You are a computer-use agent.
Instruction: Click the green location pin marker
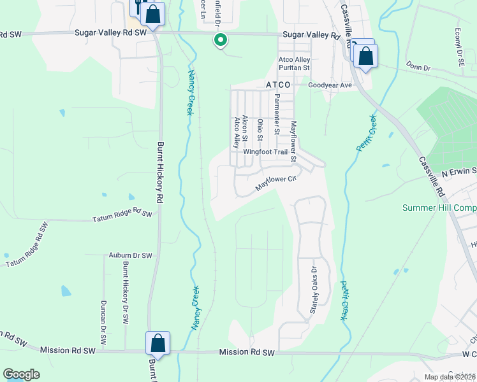220,40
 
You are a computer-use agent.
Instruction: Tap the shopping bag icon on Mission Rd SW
158,344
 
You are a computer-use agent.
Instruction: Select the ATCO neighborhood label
277,84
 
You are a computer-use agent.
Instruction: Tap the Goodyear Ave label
330,85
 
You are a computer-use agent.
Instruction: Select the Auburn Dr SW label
130,255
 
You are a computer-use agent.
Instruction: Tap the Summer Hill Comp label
439,208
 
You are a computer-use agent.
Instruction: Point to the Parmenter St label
277,114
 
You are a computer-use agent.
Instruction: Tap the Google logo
21,374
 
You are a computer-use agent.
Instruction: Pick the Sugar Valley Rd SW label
110,32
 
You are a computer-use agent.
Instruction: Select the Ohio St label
260,131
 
